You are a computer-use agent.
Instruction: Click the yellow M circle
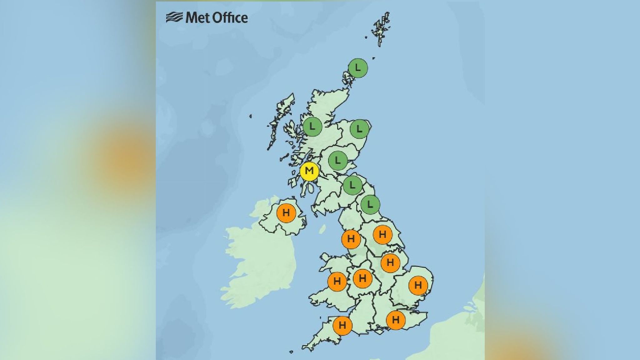[x=309, y=171]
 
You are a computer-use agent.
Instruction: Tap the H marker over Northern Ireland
[x=286, y=213]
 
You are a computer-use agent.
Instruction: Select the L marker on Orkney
[x=358, y=67]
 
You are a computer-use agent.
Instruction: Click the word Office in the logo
[x=231, y=18]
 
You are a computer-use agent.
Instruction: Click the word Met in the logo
[x=197, y=18]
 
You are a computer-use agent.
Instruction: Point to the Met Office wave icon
[x=174, y=17]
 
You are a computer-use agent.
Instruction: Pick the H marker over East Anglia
[x=418, y=285]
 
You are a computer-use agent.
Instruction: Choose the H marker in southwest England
[x=342, y=326]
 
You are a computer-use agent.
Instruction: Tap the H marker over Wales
[x=337, y=282]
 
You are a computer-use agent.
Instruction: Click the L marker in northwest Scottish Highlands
[x=312, y=127]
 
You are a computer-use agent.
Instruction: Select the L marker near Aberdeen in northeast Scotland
[x=359, y=128]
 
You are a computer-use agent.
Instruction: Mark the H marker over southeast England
[x=396, y=320]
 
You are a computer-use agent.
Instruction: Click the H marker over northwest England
[x=351, y=239]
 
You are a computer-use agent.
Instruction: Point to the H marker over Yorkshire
[x=382, y=234]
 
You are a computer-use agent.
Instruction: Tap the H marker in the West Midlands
[x=362, y=278]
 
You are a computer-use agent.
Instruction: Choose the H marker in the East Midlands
[x=390, y=263]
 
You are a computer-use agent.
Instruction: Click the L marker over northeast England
[x=370, y=205]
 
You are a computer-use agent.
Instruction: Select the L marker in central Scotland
[x=338, y=160]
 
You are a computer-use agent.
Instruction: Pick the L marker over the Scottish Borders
[x=352, y=185]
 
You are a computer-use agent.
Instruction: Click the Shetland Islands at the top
[x=381, y=30]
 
